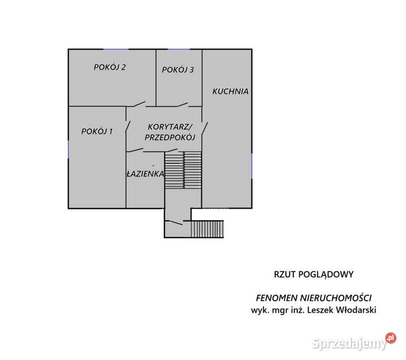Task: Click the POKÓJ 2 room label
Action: coord(109,67)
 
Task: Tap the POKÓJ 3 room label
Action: coord(178,69)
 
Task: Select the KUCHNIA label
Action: coord(230,91)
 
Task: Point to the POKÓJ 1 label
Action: coord(97,131)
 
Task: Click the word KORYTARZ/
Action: coord(170,127)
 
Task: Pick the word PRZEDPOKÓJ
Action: coord(170,137)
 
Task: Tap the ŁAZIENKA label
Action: coord(145,173)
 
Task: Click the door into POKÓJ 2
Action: coord(139,104)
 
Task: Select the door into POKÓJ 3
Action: coord(182,104)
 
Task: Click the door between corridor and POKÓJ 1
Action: coord(128,126)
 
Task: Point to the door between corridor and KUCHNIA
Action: coord(205,128)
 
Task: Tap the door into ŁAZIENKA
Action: coord(135,150)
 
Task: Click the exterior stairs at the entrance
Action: coord(207,229)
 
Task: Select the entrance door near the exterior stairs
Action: coord(174,222)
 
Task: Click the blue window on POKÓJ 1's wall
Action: coord(68,149)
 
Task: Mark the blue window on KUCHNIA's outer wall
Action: coord(252,165)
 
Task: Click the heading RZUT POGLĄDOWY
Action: coord(314,274)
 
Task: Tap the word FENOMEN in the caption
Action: coord(277,298)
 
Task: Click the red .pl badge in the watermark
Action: coord(391,338)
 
